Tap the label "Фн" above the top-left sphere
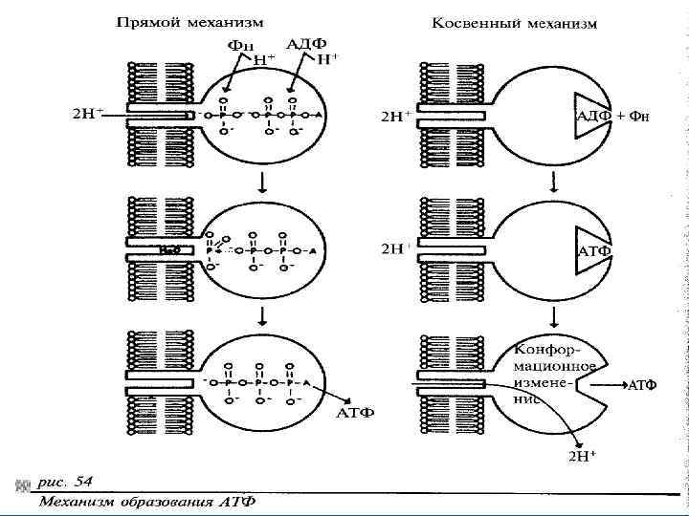pos(240,45)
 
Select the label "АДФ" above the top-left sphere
pos(305,44)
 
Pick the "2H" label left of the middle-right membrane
pos(393,248)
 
